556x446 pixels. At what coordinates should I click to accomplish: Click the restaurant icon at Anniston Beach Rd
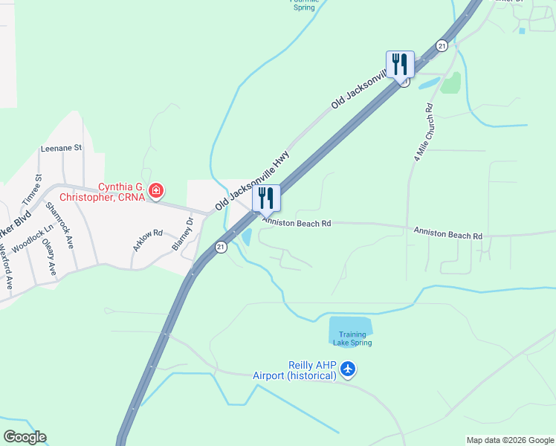tap(266, 198)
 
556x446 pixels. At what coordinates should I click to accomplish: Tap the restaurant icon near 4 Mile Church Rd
tap(400, 65)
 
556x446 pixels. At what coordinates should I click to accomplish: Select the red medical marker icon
tap(156, 192)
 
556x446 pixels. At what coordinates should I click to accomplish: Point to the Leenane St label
tap(61, 148)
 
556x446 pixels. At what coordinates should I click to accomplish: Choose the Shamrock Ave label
tap(60, 224)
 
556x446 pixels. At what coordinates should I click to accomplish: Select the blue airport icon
tap(349, 369)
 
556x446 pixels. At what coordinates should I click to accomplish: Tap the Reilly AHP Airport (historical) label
tap(312, 370)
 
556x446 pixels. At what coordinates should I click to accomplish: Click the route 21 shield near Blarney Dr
tap(221, 248)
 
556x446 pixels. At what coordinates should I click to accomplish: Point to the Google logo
tap(25, 437)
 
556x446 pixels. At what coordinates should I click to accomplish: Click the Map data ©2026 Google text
tap(509, 440)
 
